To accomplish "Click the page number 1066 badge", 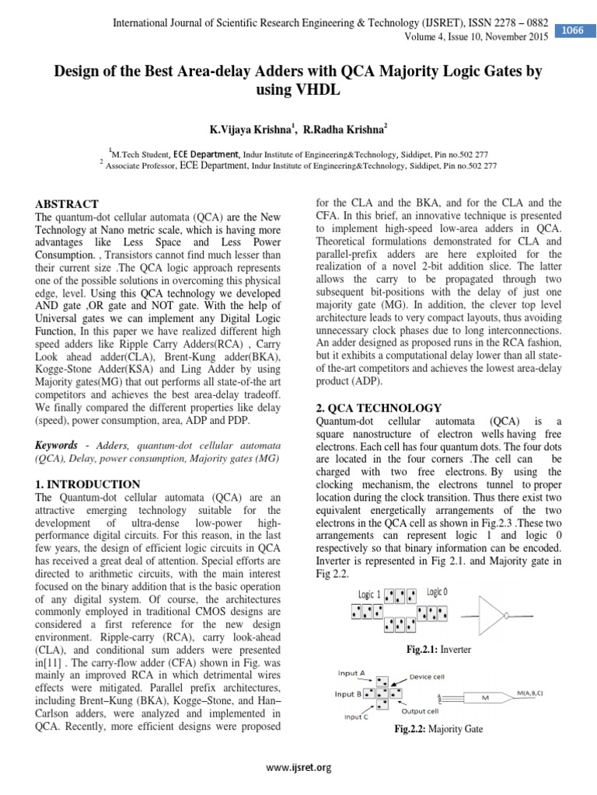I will coord(573,30).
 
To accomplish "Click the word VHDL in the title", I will coord(298,91).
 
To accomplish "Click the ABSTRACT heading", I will coord(66,203).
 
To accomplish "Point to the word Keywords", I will coord(56,445).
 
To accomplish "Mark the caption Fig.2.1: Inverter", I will coord(439,648).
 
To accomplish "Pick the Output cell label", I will coord(420,710).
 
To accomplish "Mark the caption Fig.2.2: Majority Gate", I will coord(439,730).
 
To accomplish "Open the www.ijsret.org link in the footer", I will coord(298,768).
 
